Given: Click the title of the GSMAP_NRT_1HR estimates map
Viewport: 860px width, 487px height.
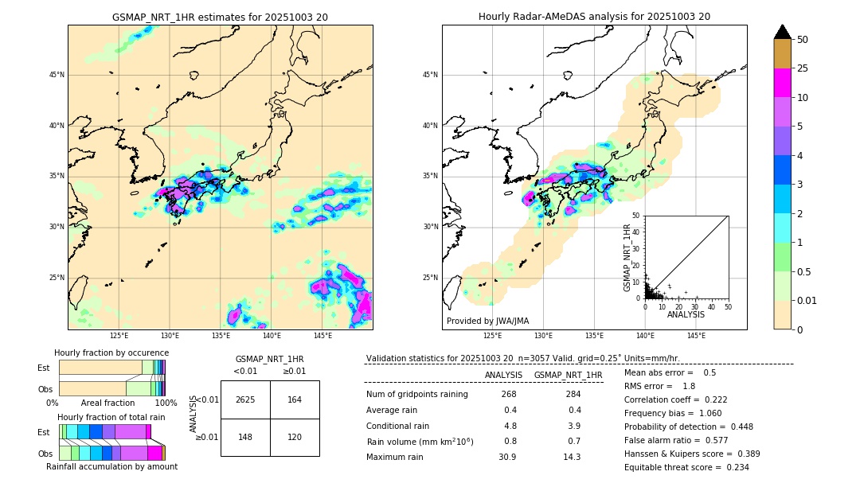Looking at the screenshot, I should pyautogui.click(x=220, y=17).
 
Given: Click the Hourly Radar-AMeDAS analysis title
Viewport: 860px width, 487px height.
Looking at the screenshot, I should pyautogui.click(x=594, y=17).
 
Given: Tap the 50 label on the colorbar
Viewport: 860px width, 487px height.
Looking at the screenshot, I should pyautogui.click(x=803, y=40).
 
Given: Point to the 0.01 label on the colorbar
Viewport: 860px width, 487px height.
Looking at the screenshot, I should pyautogui.click(x=807, y=300).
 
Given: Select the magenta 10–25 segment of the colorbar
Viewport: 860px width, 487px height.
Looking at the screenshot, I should pyautogui.click(x=782, y=84).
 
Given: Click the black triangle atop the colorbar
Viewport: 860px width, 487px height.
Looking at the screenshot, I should pyautogui.click(x=782, y=32).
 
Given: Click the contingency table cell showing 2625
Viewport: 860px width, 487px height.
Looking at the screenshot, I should pyautogui.click(x=245, y=399).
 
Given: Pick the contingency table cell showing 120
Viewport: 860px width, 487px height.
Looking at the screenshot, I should pyautogui.click(x=295, y=437).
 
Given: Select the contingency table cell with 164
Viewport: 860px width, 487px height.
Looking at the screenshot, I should pyautogui.click(x=295, y=399).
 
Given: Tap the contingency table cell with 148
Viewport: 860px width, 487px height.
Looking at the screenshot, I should pyautogui.click(x=245, y=437).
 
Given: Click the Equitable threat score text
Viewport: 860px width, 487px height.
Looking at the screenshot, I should pyautogui.click(x=686, y=467).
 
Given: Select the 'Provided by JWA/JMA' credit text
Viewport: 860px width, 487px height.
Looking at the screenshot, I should pyautogui.click(x=487, y=321).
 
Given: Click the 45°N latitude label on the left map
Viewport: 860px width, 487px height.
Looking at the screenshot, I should pyautogui.click(x=57, y=75).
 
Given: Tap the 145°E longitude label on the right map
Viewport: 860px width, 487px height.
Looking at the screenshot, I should pyautogui.click(x=696, y=337).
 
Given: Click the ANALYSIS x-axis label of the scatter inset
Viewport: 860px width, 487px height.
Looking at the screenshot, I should pyautogui.click(x=686, y=314).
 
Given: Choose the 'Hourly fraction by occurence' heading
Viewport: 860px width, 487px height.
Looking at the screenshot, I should pyautogui.click(x=111, y=353).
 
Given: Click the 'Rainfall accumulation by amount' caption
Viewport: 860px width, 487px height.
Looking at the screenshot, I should pyautogui.click(x=111, y=466).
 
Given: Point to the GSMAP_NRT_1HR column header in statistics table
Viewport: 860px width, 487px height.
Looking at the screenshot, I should pyautogui.click(x=568, y=375).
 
